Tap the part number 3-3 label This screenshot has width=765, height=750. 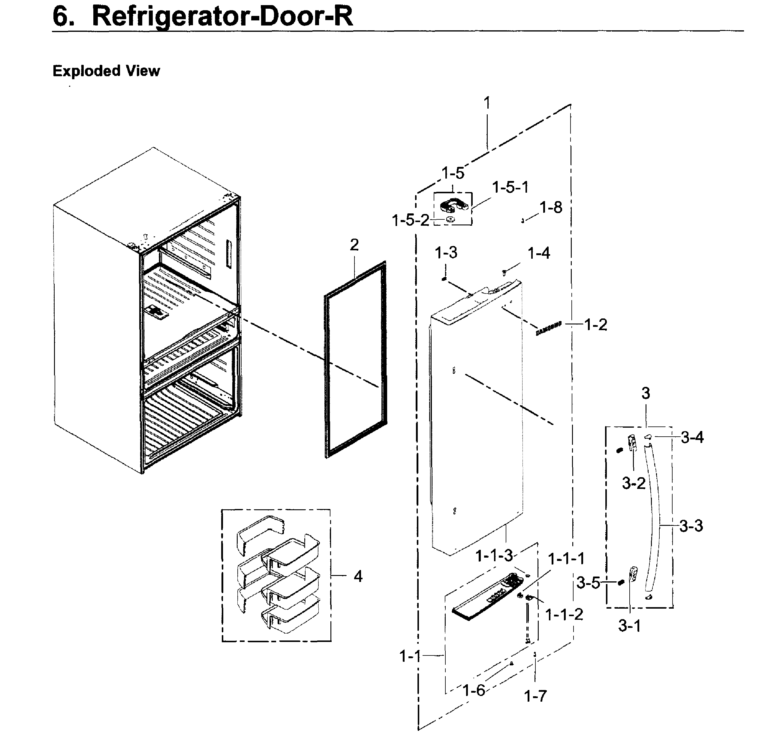(x=691, y=526)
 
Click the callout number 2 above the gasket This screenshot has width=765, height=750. (x=354, y=245)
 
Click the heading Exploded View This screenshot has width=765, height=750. (x=106, y=71)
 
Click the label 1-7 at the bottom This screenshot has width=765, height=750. (x=535, y=696)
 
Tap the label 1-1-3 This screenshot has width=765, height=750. (x=494, y=556)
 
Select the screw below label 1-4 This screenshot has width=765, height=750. (x=504, y=272)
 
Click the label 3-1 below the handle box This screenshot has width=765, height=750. (x=629, y=625)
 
